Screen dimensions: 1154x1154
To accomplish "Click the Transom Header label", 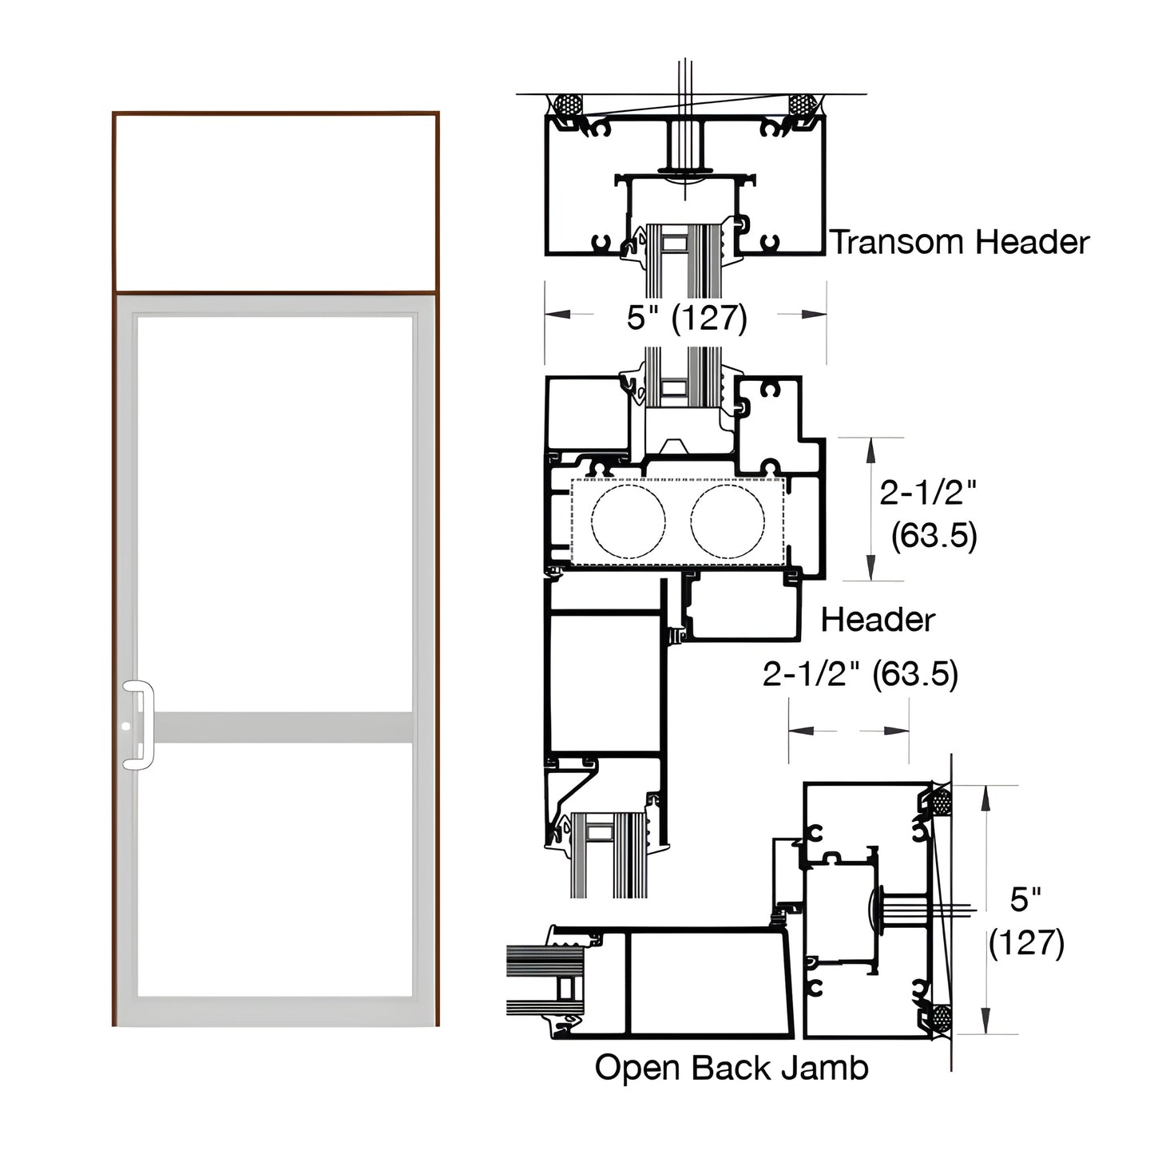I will point(960,242).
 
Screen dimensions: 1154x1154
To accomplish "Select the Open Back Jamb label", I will point(732,1068).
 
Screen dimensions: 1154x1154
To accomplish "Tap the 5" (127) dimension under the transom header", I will point(687,318).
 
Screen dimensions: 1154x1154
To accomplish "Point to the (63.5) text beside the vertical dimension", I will point(934,535).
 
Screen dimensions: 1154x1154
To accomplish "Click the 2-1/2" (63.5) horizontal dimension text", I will point(860,674).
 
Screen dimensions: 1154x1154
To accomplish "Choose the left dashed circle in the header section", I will point(628,521).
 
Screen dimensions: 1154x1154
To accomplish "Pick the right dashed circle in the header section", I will point(728,521).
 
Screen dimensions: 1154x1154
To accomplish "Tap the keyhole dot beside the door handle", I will point(126,728).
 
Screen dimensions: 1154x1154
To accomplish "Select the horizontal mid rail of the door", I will point(284,728).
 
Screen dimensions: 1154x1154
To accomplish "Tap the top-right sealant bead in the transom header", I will point(801,105).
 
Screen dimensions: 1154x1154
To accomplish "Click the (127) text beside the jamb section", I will point(1026,943).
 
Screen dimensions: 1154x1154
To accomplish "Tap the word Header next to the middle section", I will point(878,620).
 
